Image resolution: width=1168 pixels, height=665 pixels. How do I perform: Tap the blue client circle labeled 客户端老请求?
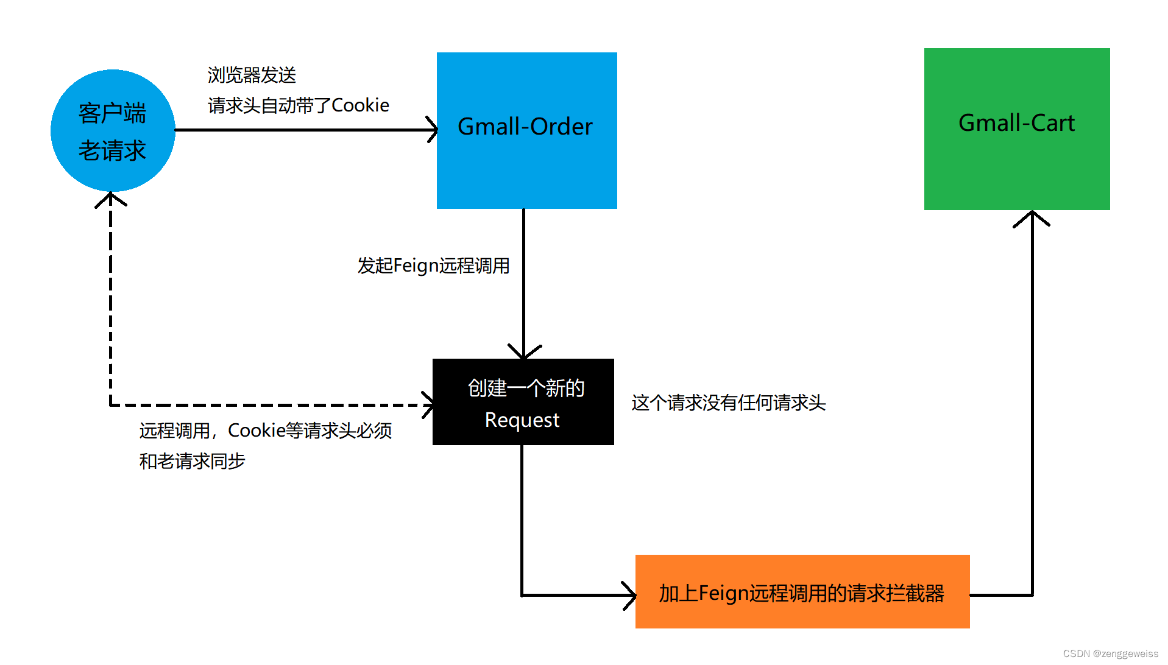pos(113,130)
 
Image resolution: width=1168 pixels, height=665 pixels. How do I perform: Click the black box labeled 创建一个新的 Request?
pos(523,402)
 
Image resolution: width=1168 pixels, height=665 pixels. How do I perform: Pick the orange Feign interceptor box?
pos(802,591)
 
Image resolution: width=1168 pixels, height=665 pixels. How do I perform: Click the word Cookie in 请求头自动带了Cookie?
pos(360,105)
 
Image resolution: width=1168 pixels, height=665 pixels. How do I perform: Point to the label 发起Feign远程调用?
pos(433,266)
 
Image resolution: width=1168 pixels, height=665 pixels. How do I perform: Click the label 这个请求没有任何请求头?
pos(728,403)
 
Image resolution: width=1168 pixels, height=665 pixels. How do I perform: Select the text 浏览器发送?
pos(252,75)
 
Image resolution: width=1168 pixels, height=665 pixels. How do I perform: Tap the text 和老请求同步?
pos(192,461)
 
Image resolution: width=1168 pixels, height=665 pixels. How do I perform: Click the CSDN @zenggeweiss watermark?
pos(1110,653)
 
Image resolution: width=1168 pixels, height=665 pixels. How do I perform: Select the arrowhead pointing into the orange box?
pos(630,595)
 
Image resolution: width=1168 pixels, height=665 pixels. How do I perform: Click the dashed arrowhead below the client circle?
pos(110,199)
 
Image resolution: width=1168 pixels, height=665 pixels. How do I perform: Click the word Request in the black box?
pos(522,420)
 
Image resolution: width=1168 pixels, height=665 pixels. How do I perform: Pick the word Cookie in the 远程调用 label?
pos(257,431)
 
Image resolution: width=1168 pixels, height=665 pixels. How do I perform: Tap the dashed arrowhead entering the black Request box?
pos(428,404)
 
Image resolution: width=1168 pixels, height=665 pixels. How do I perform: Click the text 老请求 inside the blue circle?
pos(112,150)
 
